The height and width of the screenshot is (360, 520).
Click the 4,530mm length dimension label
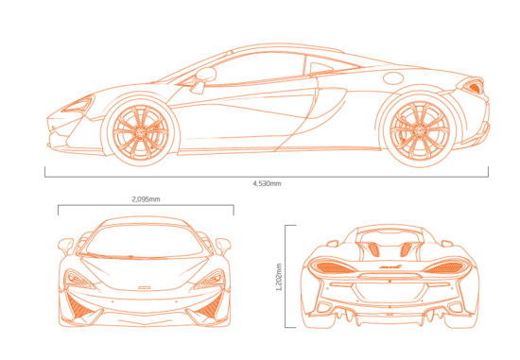point(267,182)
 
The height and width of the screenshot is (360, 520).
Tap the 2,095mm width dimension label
point(146,199)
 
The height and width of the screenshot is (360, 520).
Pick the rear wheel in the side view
point(412,129)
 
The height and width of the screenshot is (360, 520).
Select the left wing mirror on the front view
point(66,245)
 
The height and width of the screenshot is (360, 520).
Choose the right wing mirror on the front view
point(223,245)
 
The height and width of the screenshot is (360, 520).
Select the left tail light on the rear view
point(330,266)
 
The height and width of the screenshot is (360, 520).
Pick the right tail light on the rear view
point(441,266)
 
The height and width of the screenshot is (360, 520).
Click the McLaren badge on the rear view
point(386,268)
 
